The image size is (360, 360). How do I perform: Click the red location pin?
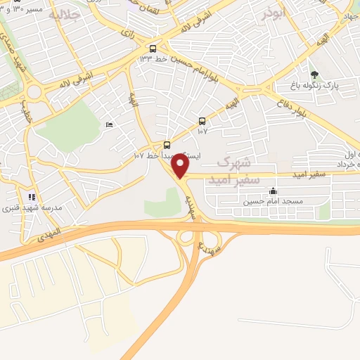181,166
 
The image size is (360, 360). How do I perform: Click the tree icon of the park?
314,74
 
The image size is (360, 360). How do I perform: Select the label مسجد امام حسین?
273,202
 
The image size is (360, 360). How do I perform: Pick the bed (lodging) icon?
109,124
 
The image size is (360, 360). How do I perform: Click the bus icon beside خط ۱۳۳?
153,49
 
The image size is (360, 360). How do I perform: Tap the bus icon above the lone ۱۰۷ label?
202,120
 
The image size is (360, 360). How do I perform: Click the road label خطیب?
27,115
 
